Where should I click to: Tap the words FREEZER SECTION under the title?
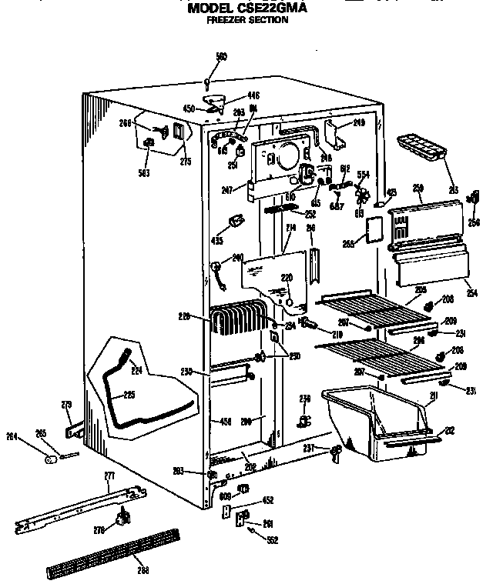(x=247, y=20)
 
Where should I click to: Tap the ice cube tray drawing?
(x=422, y=148)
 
